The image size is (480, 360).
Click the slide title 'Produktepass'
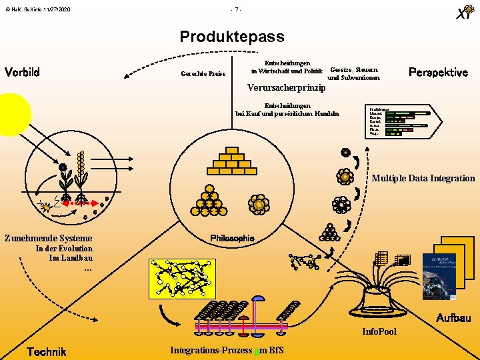click(231, 37)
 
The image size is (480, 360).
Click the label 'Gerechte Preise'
click(203, 73)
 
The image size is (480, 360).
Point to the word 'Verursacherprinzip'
click(285, 87)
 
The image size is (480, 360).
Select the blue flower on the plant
click(63, 167)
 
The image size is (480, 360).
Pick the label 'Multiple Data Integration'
click(423, 178)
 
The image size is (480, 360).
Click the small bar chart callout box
click(399, 121)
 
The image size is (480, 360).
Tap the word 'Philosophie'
click(232, 238)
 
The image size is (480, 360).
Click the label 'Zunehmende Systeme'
click(48, 238)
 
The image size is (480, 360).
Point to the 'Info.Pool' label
click(379, 331)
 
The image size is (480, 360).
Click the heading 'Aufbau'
click(453, 318)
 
